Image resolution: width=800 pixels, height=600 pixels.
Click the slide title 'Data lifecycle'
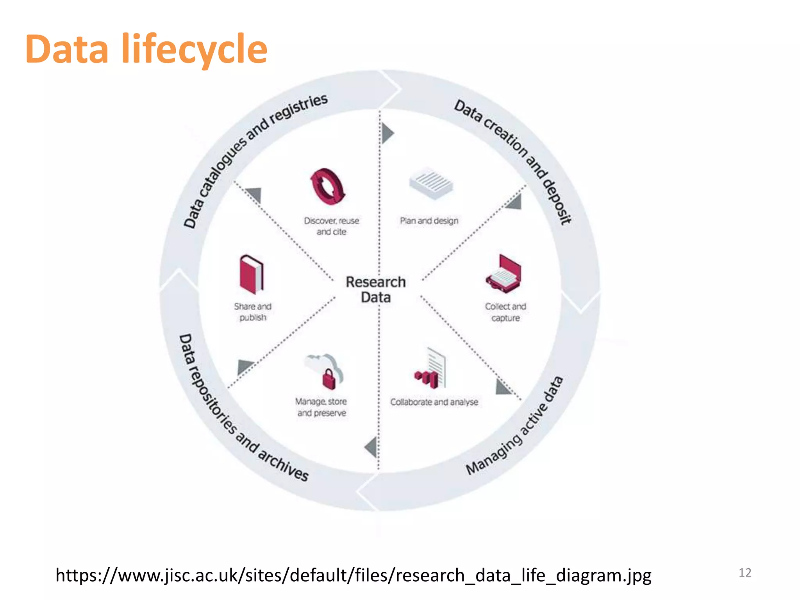146,49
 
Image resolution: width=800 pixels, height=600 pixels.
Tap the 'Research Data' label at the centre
375,289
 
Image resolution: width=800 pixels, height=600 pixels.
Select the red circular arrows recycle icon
328,187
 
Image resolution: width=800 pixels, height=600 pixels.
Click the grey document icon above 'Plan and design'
431,183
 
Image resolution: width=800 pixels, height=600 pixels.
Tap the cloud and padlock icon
325,371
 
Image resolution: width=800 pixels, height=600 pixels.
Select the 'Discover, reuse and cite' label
331,226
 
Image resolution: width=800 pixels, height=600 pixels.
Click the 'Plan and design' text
429,221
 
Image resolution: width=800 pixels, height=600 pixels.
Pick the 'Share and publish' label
253,312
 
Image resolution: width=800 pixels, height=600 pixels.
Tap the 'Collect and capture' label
505,312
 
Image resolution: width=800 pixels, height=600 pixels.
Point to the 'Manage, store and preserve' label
321,407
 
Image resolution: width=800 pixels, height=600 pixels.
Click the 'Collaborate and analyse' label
434,402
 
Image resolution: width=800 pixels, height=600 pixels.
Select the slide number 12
745,573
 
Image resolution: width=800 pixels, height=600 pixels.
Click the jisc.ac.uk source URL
353,575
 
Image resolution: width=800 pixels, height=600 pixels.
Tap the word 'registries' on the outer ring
298,109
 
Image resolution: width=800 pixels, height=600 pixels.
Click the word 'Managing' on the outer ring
494,455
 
